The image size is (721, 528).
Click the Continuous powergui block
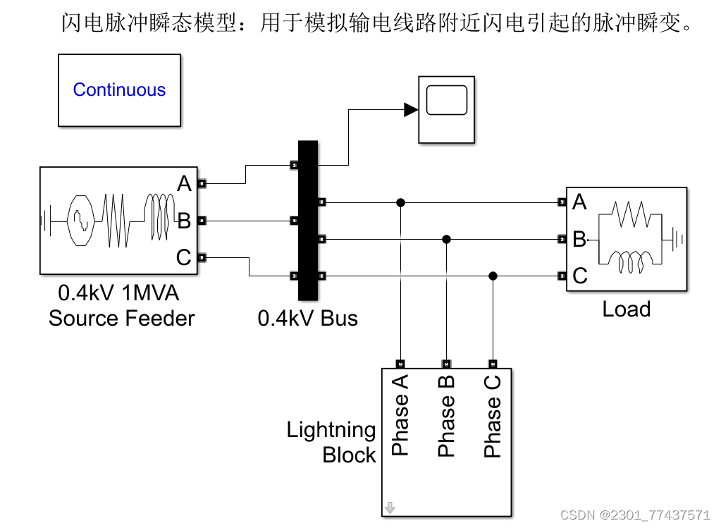tap(119, 90)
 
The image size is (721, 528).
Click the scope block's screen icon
tap(447, 100)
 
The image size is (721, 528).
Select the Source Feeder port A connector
tap(201, 184)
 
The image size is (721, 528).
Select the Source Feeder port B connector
tap(201, 221)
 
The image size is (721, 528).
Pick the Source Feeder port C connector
tap(201, 257)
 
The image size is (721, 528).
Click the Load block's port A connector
tap(562, 202)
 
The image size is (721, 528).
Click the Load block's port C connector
tap(562, 276)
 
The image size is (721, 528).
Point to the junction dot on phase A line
tap(400, 202)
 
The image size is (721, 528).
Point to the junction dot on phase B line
tap(446, 239)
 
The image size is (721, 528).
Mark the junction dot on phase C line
tap(493, 276)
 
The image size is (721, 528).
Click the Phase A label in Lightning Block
tap(400, 415)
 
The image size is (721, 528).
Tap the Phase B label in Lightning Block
tap(446, 415)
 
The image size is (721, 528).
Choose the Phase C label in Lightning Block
tap(493, 415)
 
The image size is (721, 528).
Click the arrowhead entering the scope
tap(411, 109)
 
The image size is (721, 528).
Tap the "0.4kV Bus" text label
tap(308, 319)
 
